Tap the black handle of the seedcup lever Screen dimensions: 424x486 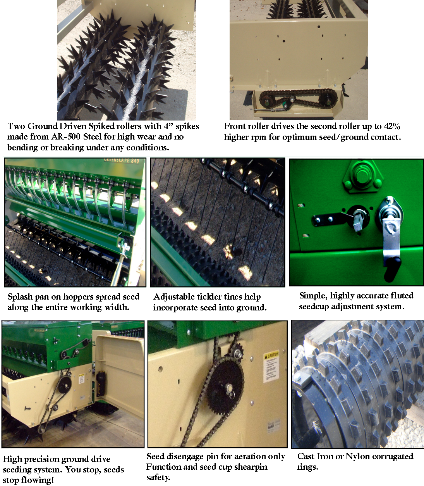pyautogui.click(x=392, y=269)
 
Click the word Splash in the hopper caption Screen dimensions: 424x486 pyautogui.click(x=20, y=297)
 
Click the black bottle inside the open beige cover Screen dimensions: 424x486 pyautogui.click(x=100, y=383)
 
